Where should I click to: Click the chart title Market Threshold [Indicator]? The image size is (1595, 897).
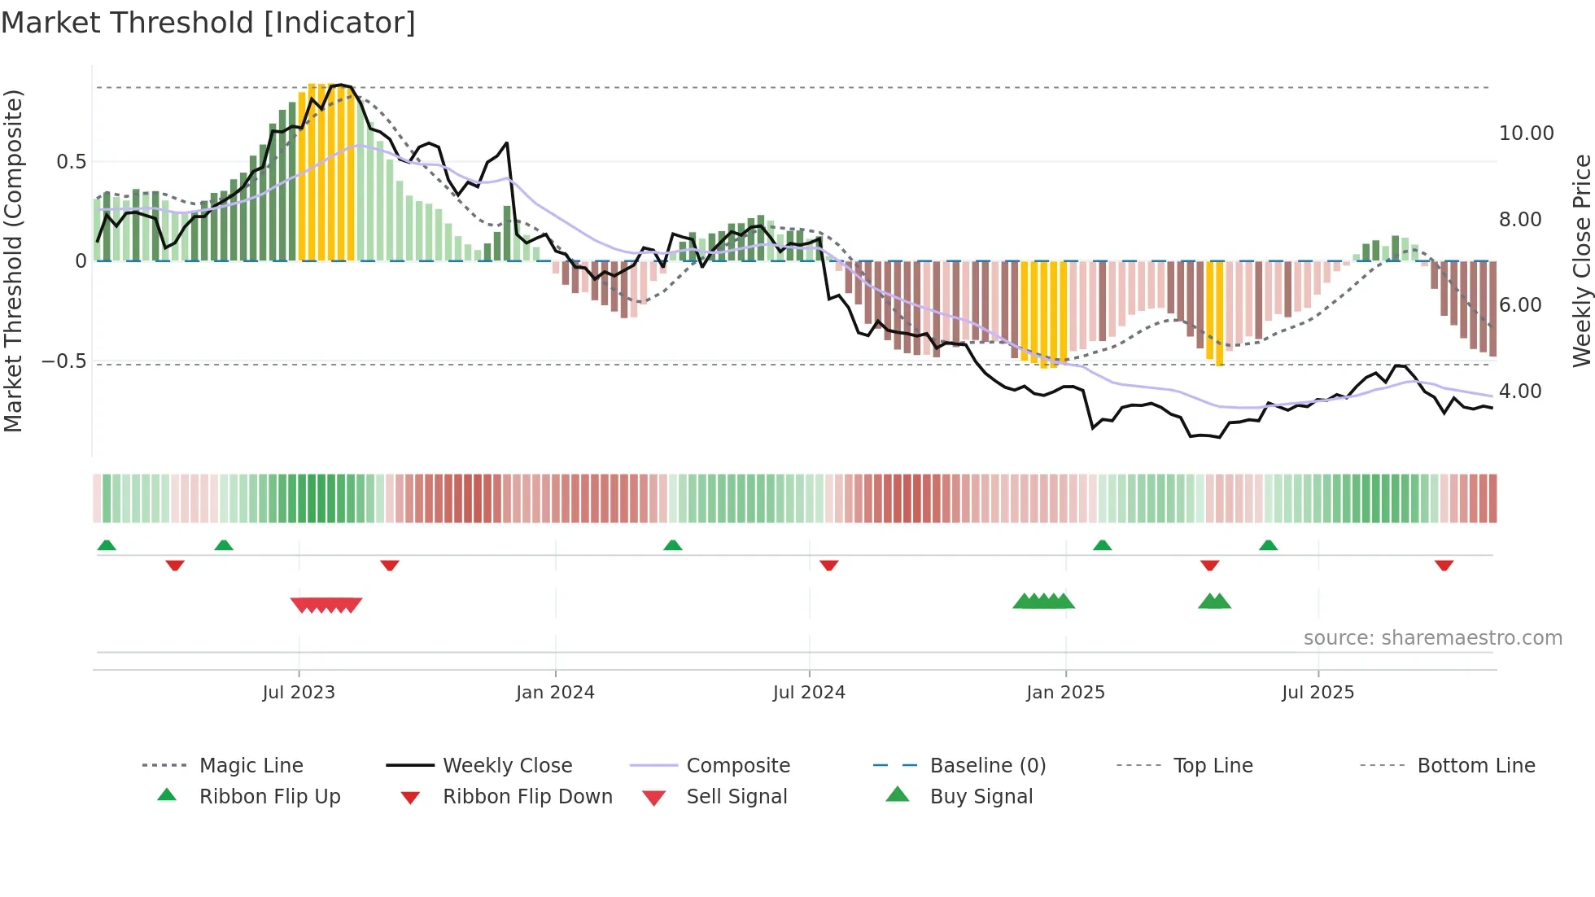(x=208, y=23)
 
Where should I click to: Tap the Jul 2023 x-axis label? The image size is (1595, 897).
(x=299, y=693)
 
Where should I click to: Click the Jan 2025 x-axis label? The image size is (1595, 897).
(x=1065, y=693)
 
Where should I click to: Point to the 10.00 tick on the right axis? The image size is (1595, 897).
(x=1526, y=133)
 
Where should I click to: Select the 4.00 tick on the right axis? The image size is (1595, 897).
(x=1520, y=392)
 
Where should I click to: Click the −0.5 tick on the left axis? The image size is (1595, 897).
(x=63, y=361)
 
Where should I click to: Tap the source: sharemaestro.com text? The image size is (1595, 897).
(x=1432, y=638)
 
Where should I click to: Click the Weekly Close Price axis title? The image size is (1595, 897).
(x=1581, y=260)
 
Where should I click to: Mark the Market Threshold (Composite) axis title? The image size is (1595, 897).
(x=13, y=260)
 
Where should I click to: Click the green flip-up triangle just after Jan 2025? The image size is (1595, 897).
(x=1102, y=545)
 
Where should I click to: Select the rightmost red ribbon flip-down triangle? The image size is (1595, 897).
(x=1444, y=566)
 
